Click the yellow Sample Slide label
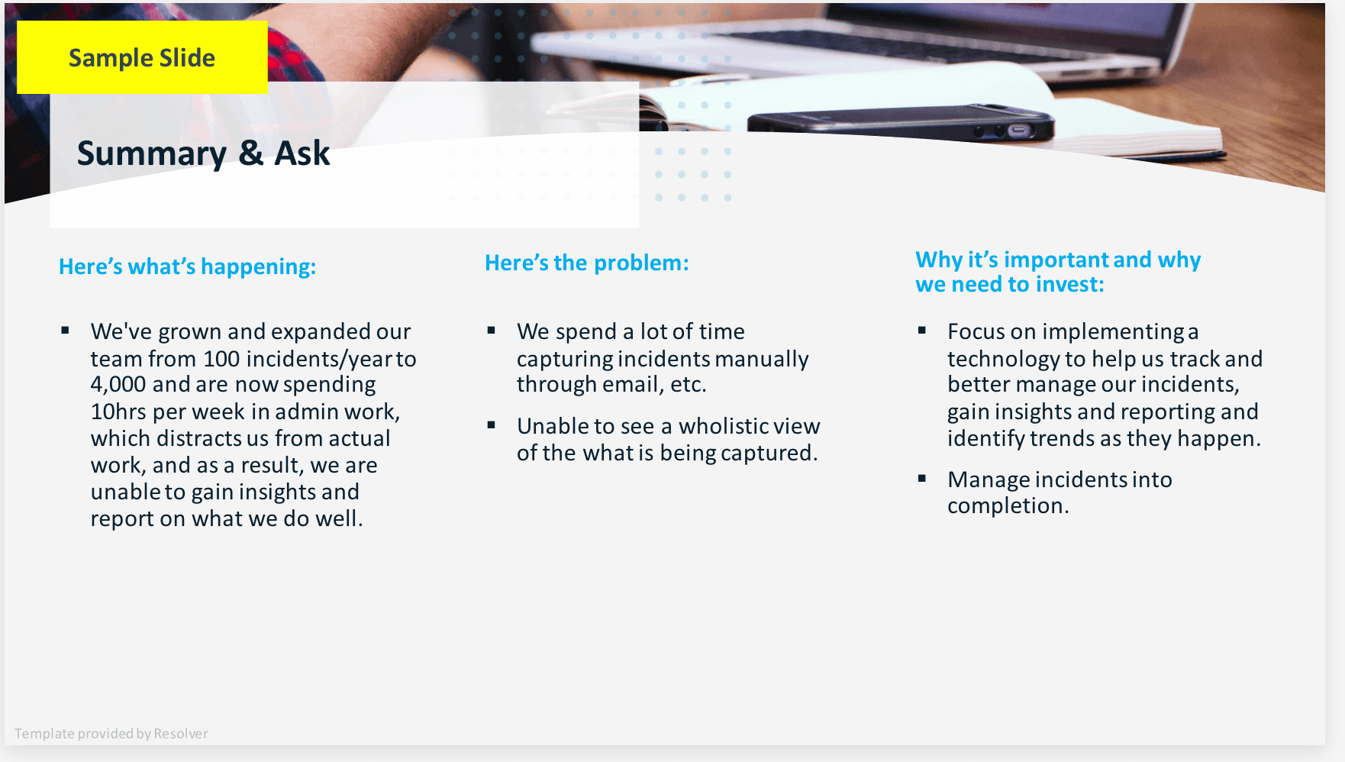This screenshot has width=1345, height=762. [x=142, y=58]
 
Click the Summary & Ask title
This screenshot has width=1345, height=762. [x=203, y=153]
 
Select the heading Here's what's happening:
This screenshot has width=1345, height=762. [x=187, y=266]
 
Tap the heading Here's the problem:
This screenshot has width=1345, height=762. [x=586, y=263]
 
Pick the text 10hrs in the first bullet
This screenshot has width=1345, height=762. [x=118, y=412]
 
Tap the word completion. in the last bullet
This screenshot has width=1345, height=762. [x=1008, y=505]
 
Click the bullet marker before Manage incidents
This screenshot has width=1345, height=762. [x=922, y=479]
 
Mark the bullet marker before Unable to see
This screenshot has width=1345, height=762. [x=492, y=425]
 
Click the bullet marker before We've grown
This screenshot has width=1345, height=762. [x=66, y=331]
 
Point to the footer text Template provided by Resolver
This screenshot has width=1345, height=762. [x=111, y=734]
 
